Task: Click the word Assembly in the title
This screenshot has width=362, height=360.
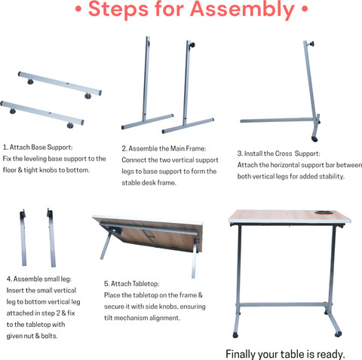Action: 242,10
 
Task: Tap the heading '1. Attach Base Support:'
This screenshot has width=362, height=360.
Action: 38,147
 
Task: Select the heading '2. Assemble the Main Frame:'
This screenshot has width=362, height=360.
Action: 164,148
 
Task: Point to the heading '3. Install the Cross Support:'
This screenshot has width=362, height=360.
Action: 279,154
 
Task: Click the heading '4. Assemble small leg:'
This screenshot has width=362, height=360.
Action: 39,279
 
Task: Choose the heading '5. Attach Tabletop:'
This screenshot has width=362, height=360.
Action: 132,284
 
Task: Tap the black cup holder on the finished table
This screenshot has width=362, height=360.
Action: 323,212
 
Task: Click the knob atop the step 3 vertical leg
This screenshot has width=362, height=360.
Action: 311,44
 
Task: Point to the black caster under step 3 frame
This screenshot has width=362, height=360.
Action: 314,139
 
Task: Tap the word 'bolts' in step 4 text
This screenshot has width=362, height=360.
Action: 49,336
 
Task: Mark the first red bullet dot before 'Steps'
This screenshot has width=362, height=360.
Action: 78,9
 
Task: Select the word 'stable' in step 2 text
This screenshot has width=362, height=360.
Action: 130,183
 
